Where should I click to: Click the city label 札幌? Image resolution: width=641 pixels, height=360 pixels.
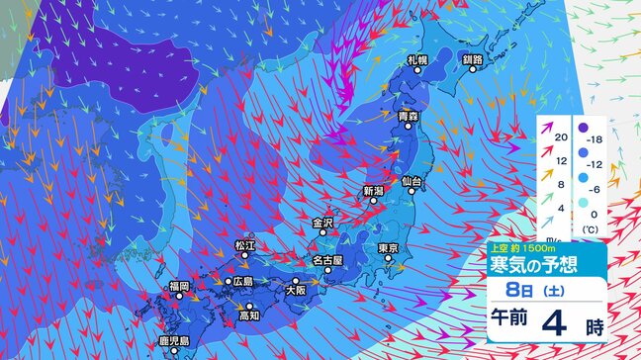tap(417, 60)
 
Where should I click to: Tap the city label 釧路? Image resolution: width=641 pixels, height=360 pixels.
tap(472, 60)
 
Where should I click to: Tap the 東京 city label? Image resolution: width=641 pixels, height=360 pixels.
tap(388, 247)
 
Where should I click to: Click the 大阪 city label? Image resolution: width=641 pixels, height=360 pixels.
tap(295, 292)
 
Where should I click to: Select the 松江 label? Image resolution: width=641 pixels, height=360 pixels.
tap(244, 244)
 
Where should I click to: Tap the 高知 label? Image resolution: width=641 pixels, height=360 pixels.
tap(248, 316)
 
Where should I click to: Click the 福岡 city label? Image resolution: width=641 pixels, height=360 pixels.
tap(178, 286)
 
